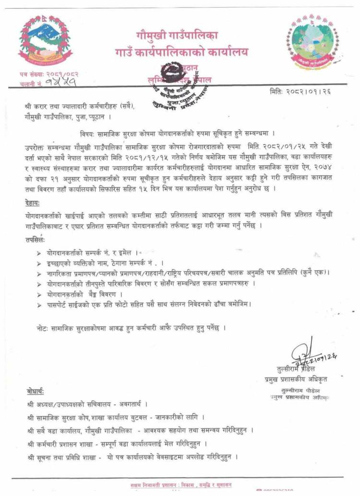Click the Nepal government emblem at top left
(44, 42)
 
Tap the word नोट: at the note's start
(43, 328)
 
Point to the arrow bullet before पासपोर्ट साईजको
(39, 304)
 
